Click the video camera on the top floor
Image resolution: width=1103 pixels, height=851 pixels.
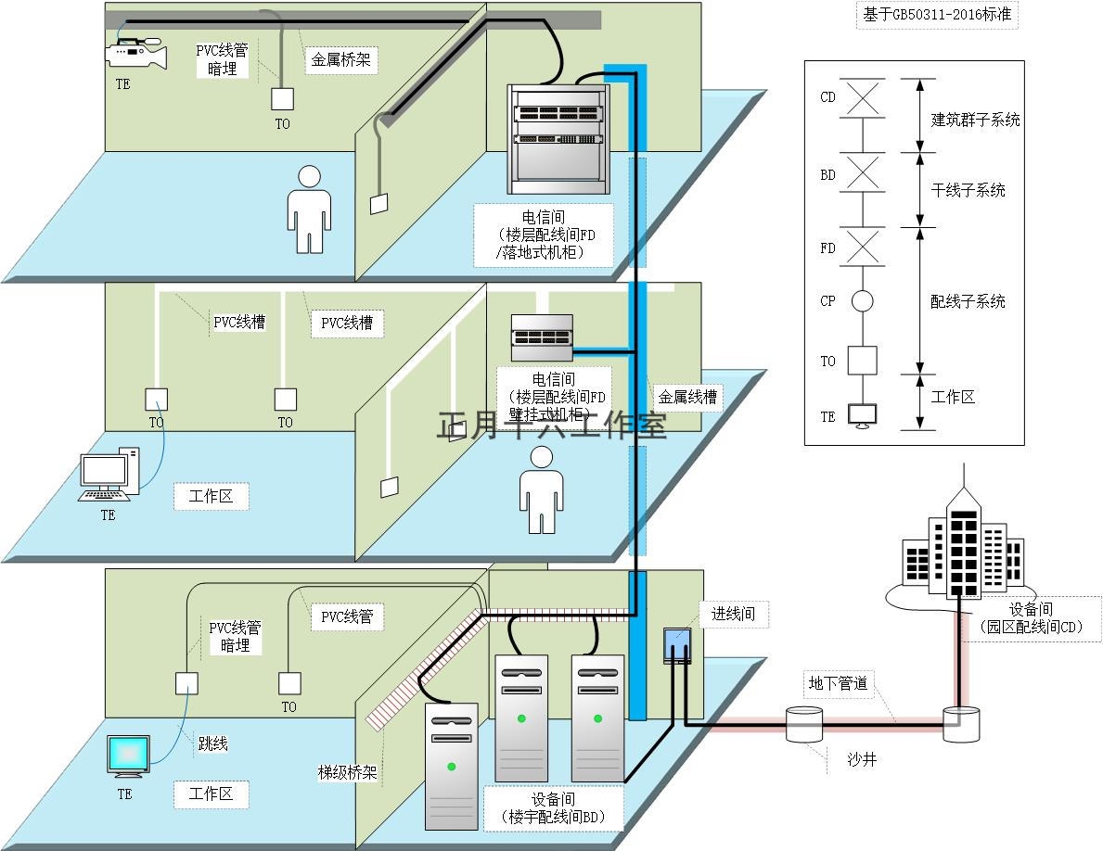tap(135, 54)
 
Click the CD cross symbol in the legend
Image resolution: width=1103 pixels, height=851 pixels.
tap(863, 97)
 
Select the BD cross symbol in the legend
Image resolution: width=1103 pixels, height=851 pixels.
tap(863, 173)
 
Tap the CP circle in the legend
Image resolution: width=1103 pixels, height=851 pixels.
tap(863, 301)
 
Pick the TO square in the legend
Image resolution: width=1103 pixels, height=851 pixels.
tap(862, 361)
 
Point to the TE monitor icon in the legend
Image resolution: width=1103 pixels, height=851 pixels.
tap(863, 416)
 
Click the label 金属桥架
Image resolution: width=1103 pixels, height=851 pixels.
tap(341, 60)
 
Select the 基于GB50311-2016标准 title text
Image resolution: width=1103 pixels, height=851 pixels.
tap(937, 15)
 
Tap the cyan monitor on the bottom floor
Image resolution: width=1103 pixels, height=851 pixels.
tap(127, 756)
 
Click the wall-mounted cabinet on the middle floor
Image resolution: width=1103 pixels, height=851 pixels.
tap(542, 338)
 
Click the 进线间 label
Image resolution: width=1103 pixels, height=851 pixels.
tap(734, 614)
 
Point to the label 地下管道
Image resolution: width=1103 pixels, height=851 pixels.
tap(838, 683)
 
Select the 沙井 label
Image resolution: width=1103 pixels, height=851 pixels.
tap(861, 760)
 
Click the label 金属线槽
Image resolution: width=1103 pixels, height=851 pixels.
tap(687, 397)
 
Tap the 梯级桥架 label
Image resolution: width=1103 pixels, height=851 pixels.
tap(347, 773)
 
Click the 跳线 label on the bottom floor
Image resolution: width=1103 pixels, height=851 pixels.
tap(212, 743)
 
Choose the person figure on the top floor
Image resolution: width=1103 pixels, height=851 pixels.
tap(309, 210)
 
